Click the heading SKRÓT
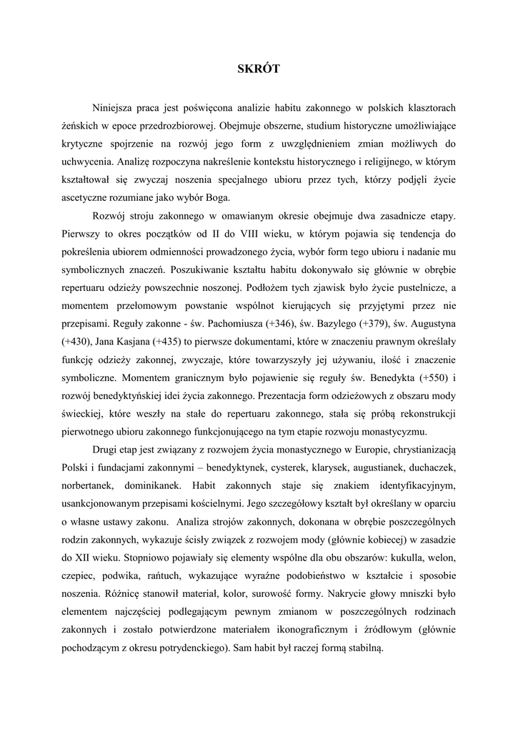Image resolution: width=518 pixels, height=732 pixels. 259,69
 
